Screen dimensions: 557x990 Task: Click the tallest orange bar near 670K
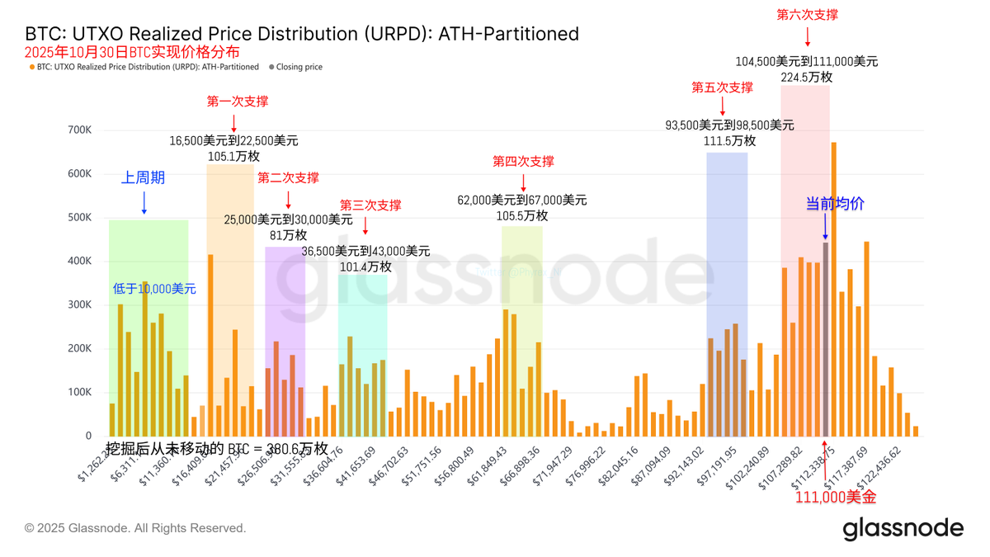833,289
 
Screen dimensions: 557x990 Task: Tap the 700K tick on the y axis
80,130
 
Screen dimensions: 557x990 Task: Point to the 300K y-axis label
80,305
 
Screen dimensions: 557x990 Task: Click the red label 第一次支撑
238,101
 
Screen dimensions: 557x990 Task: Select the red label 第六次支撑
808,15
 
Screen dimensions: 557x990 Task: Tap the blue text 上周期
144,177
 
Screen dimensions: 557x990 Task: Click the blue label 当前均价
835,204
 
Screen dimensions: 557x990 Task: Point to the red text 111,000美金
836,497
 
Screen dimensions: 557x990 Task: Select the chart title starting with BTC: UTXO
302,34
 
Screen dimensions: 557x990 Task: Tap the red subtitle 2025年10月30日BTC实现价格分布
132,52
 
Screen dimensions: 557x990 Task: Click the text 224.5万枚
806,77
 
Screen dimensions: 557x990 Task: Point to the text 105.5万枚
522,215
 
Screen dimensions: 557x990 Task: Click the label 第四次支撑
523,162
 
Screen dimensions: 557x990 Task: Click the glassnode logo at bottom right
903,528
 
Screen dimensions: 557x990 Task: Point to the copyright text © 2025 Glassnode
135,528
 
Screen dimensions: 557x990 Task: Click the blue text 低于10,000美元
155,289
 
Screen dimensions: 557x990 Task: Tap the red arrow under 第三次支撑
365,226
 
